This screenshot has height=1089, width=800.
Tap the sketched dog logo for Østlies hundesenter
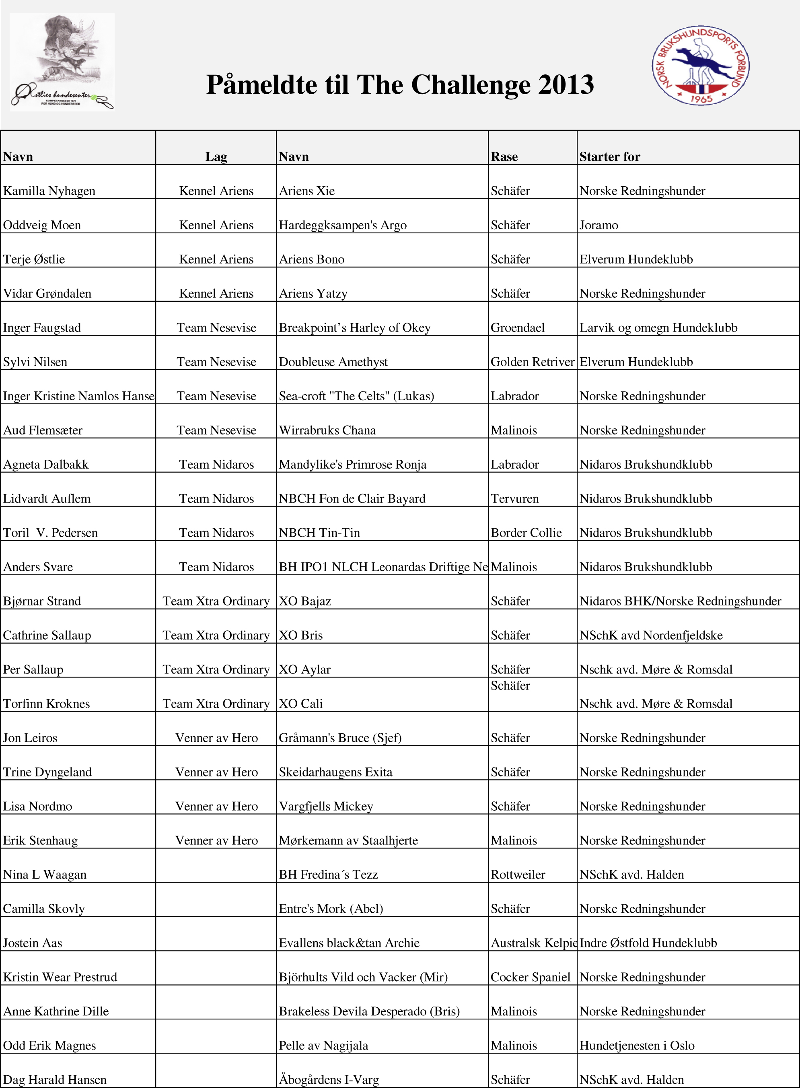coord(62,62)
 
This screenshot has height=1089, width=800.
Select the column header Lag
coord(216,156)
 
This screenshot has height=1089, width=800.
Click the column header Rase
coord(504,156)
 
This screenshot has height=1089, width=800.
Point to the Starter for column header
coord(610,156)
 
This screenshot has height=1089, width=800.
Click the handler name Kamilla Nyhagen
coord(49,191)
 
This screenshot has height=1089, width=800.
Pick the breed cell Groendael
coord(517,328)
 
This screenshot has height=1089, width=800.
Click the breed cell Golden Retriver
coord(532,362)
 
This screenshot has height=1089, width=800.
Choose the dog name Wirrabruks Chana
coord(327,430)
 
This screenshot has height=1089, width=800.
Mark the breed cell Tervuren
coord(514,499)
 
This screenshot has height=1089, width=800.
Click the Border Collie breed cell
coord(526,533)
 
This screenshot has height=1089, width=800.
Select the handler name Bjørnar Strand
coord(42,601)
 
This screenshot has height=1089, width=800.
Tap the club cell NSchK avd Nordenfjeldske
coord(651,635)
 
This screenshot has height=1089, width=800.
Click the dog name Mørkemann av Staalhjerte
coord(348,840)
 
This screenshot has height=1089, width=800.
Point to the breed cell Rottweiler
coord(518,875)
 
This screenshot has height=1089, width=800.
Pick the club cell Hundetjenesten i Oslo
coord(637,1046)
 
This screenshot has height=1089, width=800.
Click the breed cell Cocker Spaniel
coord(530,977)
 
